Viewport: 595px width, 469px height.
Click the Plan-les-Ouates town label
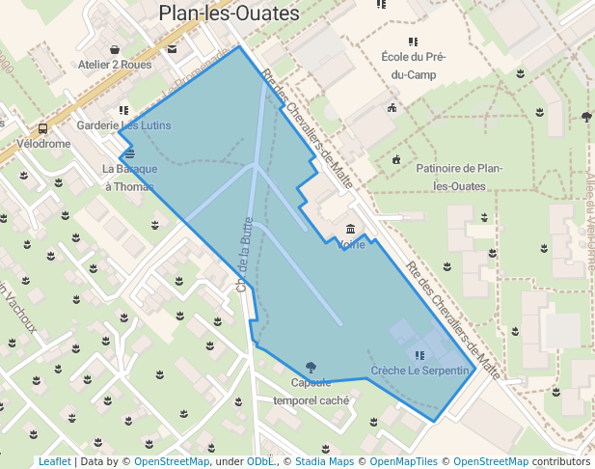[x=229, y=13]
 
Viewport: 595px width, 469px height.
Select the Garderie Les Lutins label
[x=123, y=125]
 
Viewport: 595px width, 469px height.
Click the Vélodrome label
[x=44, y=144]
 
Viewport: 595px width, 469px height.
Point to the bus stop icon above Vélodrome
[x=42, y=128]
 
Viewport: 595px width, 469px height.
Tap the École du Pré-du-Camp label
[x=414, y=66]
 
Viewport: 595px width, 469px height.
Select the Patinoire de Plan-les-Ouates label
[x=462, y=177]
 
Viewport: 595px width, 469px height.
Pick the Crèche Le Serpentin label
[x=419, y=371]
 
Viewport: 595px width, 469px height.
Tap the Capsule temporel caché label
[x=311, y=391]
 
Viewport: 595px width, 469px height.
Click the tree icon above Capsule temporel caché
[x=310, y=367]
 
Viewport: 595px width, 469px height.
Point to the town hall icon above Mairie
[x=350, y=230]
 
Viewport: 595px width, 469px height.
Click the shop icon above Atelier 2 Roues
[x=115, y=49]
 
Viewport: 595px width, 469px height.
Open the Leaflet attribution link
[x=54, y=461]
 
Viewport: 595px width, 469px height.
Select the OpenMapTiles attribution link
[x=405, y=461]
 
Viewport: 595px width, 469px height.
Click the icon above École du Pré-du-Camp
[x=413, y=41]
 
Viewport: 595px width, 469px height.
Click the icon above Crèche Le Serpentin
[x=419, y=355]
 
